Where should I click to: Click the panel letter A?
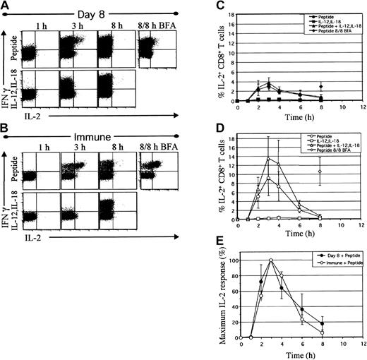point(6,6)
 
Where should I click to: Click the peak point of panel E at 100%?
point(270,260)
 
